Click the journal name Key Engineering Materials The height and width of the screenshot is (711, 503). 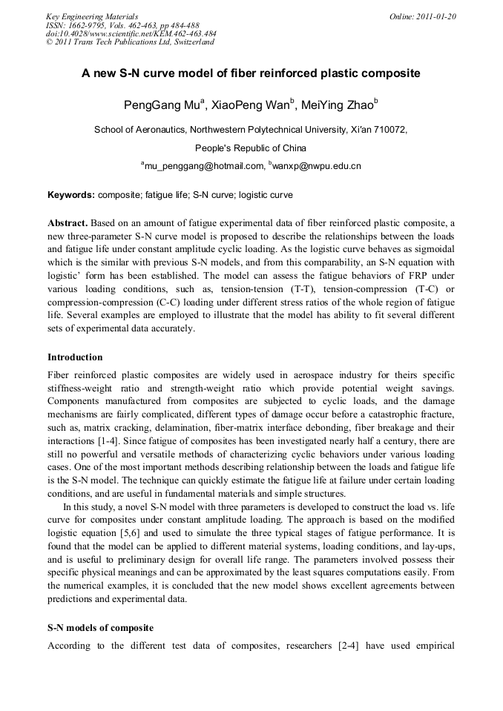tap(92, 16)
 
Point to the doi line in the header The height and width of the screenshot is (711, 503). tap(131, 33)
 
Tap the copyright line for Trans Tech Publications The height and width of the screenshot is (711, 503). tap(130, 42)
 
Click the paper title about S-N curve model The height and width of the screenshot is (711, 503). tap(251, 74)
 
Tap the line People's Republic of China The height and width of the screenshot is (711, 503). tap(251, 148)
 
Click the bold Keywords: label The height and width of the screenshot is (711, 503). tap(71, 196)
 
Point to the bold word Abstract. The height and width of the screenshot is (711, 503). tap(68, 223)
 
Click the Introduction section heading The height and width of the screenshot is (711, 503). tap(75, 357)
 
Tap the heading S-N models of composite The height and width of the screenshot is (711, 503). tap(99, 627)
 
